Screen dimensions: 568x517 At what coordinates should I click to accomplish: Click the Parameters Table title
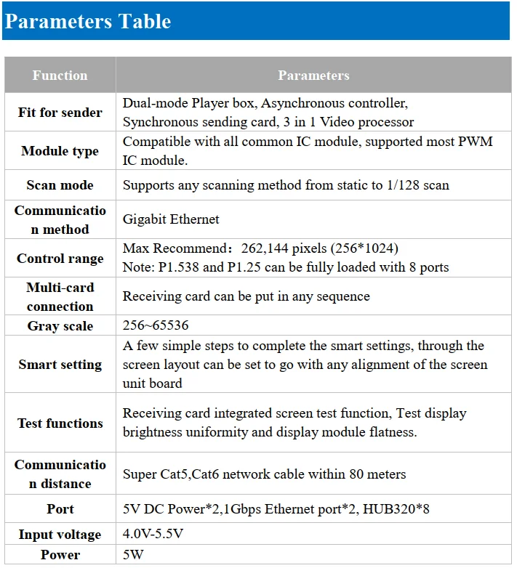tap(88, 21)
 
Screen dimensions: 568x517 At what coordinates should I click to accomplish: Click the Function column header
tap(60, 76)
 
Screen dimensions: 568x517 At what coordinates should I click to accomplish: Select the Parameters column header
tap(313, 76)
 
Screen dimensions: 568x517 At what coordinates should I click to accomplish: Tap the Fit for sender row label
tap(60, 113)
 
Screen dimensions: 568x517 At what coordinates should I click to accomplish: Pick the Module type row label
tap(60, 151)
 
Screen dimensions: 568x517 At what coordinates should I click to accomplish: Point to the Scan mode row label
tap(60, 185)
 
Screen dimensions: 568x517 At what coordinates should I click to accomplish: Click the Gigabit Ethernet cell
tap(171, 219)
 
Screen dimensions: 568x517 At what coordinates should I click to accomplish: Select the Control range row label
tap(60, 259)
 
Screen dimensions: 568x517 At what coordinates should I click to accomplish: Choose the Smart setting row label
tap(60, 365)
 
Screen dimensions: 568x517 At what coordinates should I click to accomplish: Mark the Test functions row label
tap(60, 423)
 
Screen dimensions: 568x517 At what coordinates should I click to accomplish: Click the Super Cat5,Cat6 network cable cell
tap(264, 474)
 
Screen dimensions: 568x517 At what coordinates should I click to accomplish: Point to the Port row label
tap(60, 509)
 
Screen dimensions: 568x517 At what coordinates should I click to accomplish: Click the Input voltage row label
tap(60, 535)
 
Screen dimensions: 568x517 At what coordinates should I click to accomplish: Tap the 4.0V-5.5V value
tap(153, 535)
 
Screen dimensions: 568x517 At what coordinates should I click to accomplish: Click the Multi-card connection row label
tap(60, 296)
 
